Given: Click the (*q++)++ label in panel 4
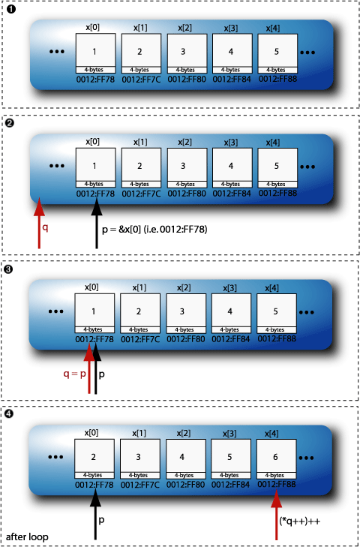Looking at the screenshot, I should click(302, 520).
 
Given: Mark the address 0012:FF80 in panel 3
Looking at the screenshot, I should click(184, 338).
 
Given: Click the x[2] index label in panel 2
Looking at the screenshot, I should click(185, 141).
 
